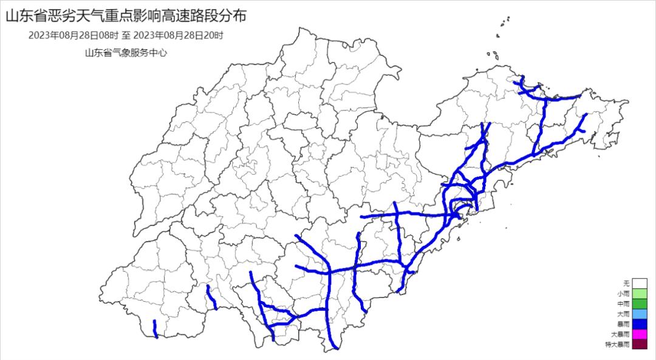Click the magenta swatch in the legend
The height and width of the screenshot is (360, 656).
[639, 335]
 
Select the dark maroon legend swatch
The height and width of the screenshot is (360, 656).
[639, 345]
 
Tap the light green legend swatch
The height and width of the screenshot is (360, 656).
[639, 293]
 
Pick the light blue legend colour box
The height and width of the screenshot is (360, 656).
[639, 314]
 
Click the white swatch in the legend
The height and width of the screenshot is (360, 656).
[639, 283]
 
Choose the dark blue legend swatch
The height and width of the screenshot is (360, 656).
[639, 324]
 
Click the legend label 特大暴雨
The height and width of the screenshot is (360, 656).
[618, 345]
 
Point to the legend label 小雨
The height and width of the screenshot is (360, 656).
[624, 293]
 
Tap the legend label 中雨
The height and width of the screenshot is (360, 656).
[624, 304]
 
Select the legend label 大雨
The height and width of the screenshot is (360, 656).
[624, 314]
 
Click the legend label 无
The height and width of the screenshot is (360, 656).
[626, 283]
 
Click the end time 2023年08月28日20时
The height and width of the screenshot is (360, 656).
[178, 36]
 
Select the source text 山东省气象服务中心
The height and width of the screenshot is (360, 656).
[126, 53]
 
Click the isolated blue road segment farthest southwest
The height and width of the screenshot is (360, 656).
[155, 328]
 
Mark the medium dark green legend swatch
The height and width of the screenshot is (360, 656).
[639, 304]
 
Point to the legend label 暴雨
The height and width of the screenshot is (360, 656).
[624, 324]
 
